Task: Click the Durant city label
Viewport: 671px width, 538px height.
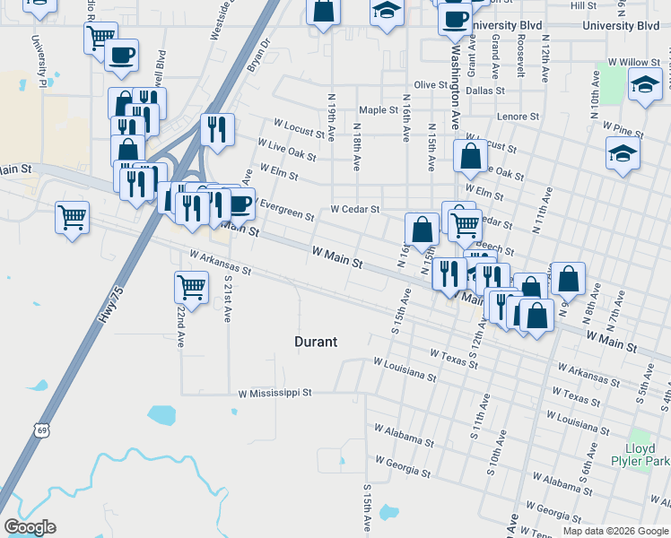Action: click(316, 342)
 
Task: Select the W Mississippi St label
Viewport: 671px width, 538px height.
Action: click(274, 393)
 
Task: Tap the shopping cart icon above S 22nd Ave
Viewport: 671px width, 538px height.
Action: click(191, 287)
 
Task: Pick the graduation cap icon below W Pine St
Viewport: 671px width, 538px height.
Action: click(623, 152)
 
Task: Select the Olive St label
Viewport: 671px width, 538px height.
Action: click(430, 84)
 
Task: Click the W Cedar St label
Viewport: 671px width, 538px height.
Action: click(355, 209)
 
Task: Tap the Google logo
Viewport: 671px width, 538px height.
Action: click(30, 527)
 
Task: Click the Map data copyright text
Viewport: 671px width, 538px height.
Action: click(615, 531)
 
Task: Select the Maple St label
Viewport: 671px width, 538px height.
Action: click(378, 110)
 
